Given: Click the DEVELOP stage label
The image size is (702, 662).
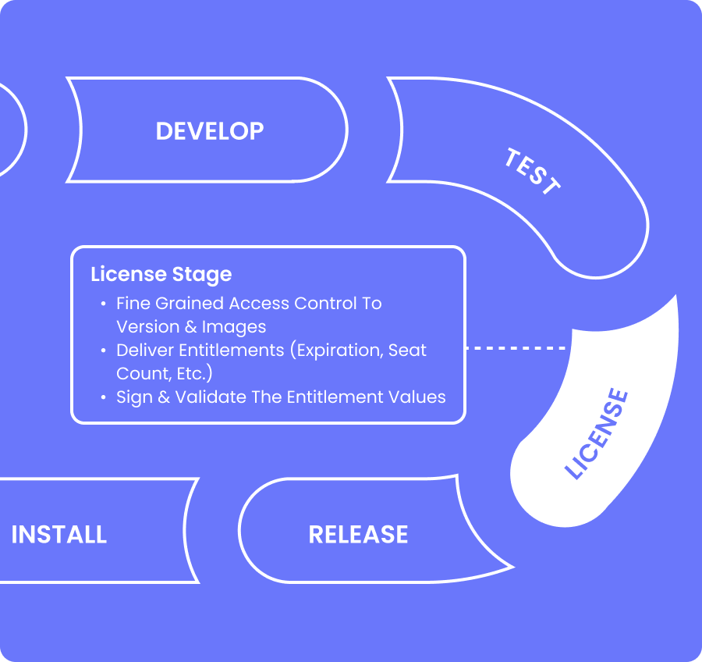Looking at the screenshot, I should tap(210, 131).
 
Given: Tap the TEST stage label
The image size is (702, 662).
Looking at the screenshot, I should tap(532, 171).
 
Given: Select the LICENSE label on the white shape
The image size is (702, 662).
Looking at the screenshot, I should tap(597, 433).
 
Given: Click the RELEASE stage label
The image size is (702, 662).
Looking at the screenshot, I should tap(358, 535).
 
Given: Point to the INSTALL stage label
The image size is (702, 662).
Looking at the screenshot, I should tap(59, 535).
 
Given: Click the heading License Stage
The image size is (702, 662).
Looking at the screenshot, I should tap(161, 275).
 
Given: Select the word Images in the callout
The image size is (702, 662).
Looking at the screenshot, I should tap(234, 326).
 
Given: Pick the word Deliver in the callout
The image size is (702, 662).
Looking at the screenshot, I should tap(143, 350).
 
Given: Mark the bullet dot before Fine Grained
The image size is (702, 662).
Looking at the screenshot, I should tap(104, 304).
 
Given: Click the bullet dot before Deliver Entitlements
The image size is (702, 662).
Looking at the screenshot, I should tap(104, 351).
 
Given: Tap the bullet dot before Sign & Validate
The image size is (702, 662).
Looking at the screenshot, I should tap(104, 397).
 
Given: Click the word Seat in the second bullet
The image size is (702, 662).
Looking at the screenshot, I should tap(407, 350).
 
